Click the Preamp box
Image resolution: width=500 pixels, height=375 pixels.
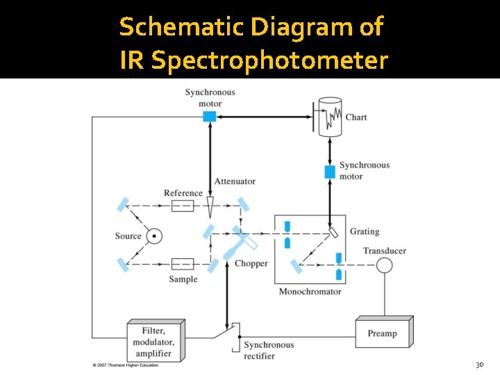[383, 333]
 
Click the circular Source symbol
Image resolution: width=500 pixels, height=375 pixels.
[154, 236]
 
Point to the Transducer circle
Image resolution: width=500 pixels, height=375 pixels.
[384, 265]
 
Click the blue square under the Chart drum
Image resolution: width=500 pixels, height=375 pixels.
[330, 171]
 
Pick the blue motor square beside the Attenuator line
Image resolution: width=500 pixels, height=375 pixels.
[209, 117]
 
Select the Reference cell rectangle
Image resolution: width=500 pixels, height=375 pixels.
[183, 206]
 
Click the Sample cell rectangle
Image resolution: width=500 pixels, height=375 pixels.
[183, 263]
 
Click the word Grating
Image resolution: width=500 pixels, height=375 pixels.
[365, 231]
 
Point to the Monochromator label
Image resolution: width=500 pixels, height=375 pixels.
[310, 292]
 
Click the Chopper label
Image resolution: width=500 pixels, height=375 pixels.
[251, 264]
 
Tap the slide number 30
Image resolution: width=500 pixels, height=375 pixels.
[478, 365]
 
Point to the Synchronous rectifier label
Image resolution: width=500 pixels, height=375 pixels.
[269, 350]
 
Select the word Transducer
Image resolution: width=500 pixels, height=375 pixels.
[385, 251]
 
